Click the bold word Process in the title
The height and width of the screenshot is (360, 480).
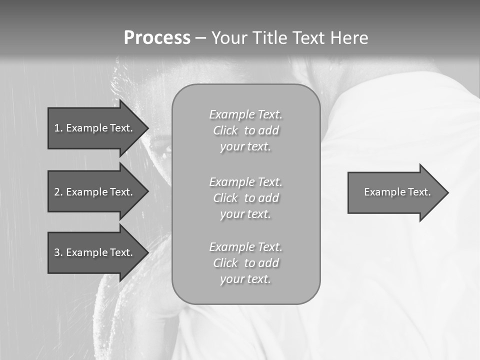(157, 38)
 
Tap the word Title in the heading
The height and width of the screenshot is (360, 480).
(269, 38)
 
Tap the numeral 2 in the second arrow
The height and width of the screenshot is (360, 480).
(57, 192)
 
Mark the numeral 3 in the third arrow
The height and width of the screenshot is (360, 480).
(57, 252)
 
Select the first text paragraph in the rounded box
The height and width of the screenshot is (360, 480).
(245, 130)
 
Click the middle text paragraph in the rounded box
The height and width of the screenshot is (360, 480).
(245, 198)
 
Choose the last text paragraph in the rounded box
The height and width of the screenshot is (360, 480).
(245, 263)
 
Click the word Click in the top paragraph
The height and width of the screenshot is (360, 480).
(225, 131)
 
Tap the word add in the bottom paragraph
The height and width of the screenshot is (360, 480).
(269, 263)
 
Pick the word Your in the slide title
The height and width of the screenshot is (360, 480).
(228, 38)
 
